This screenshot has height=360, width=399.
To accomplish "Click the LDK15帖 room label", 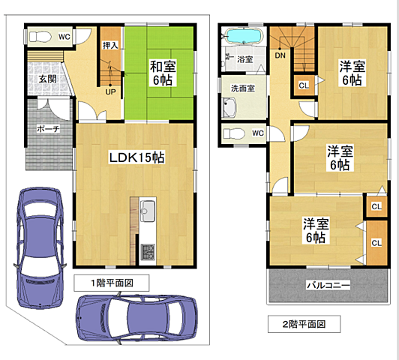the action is (136, 157).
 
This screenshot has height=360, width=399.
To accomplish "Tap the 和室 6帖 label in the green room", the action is (163, 73).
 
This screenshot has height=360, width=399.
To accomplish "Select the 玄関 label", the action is (47, 79).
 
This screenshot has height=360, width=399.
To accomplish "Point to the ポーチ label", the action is (48, 129).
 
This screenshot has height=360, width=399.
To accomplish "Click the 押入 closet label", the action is (110, 45).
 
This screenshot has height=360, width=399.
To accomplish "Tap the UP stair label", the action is (110, 91).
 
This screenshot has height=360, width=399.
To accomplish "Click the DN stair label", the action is (280, 55).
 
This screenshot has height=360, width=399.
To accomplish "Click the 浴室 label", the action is (244, 59).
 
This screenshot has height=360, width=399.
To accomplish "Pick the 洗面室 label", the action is (243, 88).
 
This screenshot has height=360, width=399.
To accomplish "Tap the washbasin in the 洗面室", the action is (229, 107).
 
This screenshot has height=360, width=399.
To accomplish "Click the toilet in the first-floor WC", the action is (40, 37).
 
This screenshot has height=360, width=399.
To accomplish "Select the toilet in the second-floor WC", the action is (234, 133).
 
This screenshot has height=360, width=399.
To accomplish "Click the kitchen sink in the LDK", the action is (148, 211).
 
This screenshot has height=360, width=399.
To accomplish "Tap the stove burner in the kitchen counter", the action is (148, 252).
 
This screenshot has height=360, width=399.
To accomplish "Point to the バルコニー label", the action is (328, 285).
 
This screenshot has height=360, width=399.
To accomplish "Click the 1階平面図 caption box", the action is (112, 283).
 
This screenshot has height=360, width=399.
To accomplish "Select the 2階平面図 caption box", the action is (304, 324).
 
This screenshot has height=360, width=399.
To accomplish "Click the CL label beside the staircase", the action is (304, 85).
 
